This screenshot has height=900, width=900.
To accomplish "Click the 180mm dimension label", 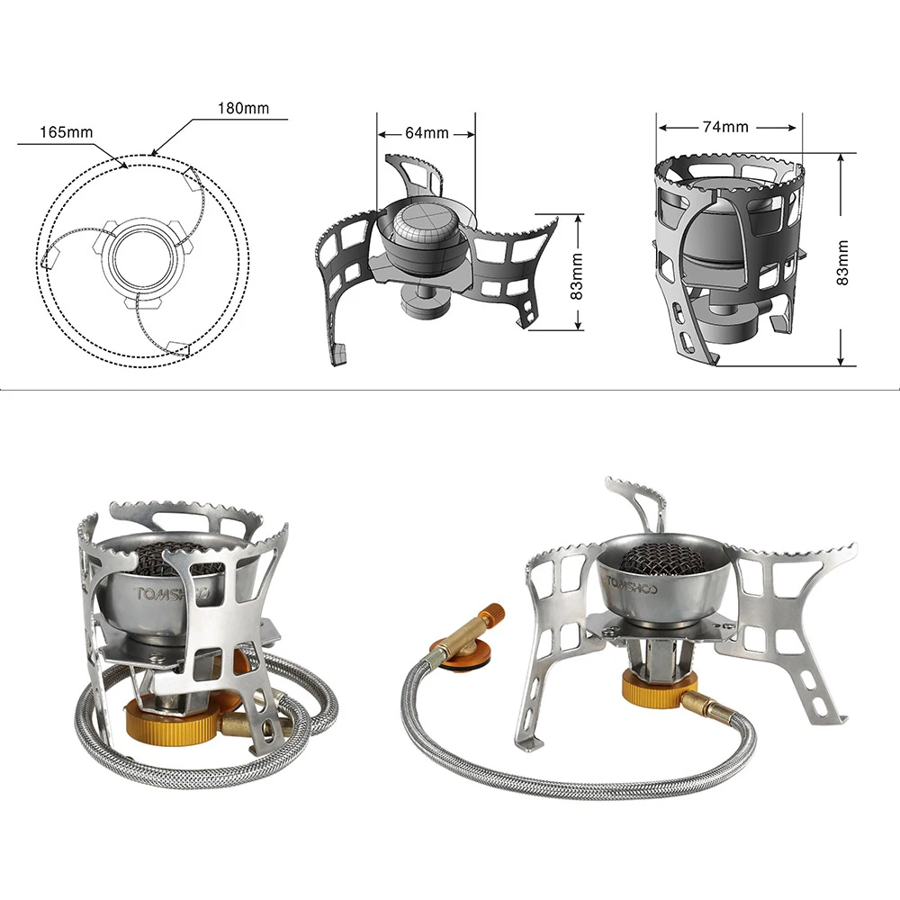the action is click(x=243, y=108).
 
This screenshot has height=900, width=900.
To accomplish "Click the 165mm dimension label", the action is click(x=66, y=132).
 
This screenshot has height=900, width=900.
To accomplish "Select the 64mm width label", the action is click(x=427, y=133).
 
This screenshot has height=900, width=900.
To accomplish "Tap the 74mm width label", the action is click(x=725, y=127).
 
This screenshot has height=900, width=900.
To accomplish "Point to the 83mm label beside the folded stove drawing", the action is click(x=842, y=262).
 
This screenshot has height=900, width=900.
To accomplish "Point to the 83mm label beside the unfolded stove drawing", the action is click(x=576, y=276).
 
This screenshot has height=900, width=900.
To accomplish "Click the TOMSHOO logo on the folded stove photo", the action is click(x=171, y=594).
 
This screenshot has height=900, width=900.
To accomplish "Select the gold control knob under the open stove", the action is click(x=659, y=687).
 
